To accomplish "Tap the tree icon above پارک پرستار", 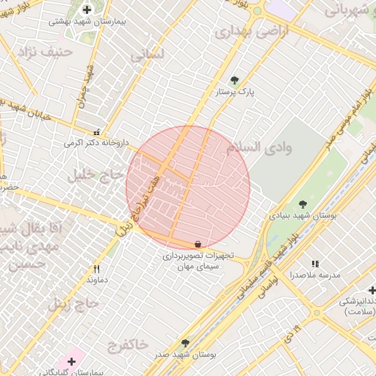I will click(234, 81).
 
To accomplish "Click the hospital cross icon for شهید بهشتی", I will click(87, 10).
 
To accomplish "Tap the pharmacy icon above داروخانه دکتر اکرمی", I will click(97, 133).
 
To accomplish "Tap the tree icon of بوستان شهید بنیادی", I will click(303, 204).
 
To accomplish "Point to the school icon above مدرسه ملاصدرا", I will click(315, 263).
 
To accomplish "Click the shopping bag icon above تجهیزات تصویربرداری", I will click(198, 244).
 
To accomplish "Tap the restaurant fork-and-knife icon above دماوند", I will click(96, 269).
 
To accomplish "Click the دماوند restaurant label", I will click(97, 281).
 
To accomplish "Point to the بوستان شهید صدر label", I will click(184, 355).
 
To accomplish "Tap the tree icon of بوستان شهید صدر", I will click(184, 343).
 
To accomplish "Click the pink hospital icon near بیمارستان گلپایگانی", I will click(71, 361).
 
